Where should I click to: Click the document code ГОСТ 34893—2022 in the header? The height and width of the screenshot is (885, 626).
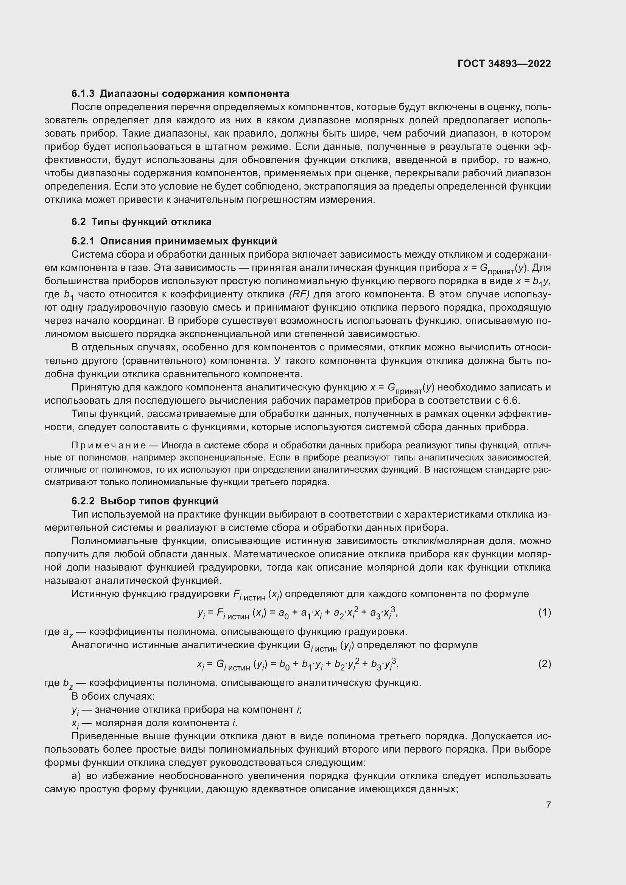[x=504, y=64]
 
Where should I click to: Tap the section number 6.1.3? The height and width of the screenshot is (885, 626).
[x=83, y=94]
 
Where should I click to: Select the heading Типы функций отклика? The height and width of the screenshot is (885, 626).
[x=151, y=222]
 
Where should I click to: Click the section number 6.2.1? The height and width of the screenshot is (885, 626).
[x=83, y=241]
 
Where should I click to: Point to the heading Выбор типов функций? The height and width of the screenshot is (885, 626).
[x=159, y=501]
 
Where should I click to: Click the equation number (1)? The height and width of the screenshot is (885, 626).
[x=544, y=613]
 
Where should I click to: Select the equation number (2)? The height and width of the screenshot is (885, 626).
[x=544, y=664]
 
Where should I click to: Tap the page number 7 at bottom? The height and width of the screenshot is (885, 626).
[x=548, y=805]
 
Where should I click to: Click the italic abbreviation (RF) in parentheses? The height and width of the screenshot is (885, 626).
[x=299, y=294]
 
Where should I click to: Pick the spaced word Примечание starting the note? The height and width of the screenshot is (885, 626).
[x=109, y=446]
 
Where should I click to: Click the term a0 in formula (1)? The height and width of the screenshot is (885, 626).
[x=283, y=613]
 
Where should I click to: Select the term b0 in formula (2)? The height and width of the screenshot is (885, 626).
[x=284, y=664]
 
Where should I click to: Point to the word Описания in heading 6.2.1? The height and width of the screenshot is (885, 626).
[x=124, y=241]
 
